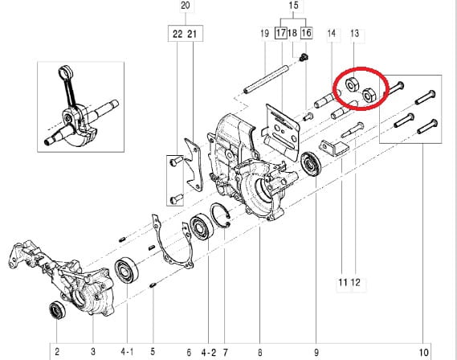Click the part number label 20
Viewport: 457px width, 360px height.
point(186,6)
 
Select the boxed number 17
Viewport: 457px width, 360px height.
point(281,33)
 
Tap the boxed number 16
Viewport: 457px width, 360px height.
point(306,33)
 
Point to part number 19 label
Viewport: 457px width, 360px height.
point(264,33)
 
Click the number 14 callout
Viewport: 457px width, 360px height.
point(332,33)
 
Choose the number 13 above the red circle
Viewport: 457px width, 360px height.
point(354,33)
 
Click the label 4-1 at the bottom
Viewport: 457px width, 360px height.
point(127,352)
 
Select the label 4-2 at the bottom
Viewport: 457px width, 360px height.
point(209,353)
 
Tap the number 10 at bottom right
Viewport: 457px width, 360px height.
point(424,353)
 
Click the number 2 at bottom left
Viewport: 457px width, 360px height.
point(57,351)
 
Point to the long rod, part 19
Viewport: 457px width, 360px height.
point(266,80)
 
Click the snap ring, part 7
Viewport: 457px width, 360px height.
point(221,216)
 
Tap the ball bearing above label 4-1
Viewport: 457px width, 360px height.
point(126,271)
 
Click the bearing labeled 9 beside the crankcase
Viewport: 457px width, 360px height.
point(311,164)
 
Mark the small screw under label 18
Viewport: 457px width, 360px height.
point(304,57)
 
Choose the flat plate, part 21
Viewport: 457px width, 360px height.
point(193,165)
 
